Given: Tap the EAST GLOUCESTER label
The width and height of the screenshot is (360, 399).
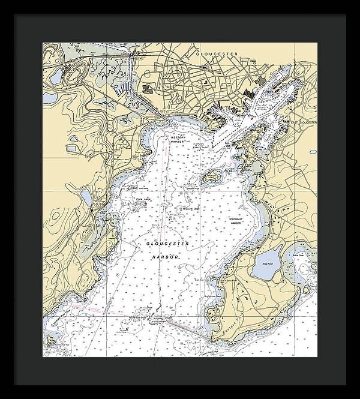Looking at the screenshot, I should [x=302, y=122].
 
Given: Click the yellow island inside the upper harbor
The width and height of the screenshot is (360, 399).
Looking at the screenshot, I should [x=211, y=178].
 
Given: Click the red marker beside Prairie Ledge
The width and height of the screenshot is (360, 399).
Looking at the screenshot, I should [x=146, y=205].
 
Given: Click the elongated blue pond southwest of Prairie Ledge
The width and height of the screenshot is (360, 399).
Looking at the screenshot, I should [x=86, y=197].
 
